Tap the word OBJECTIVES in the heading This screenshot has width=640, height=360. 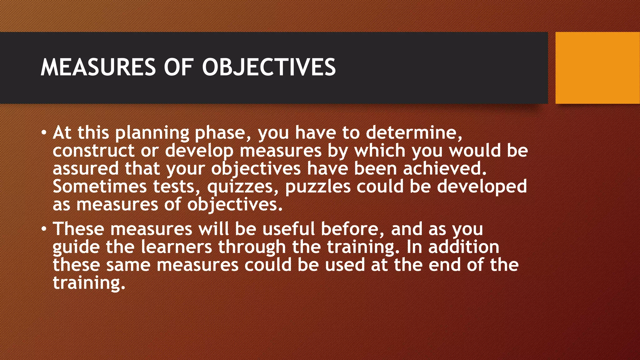269,67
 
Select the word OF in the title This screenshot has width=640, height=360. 178,67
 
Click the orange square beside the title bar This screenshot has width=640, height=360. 597,68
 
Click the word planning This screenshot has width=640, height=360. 152,133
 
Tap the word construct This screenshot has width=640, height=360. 93,151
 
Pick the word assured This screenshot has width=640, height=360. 86,168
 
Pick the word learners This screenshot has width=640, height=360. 176,247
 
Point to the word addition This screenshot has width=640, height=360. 464,247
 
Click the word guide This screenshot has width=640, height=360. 76,247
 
